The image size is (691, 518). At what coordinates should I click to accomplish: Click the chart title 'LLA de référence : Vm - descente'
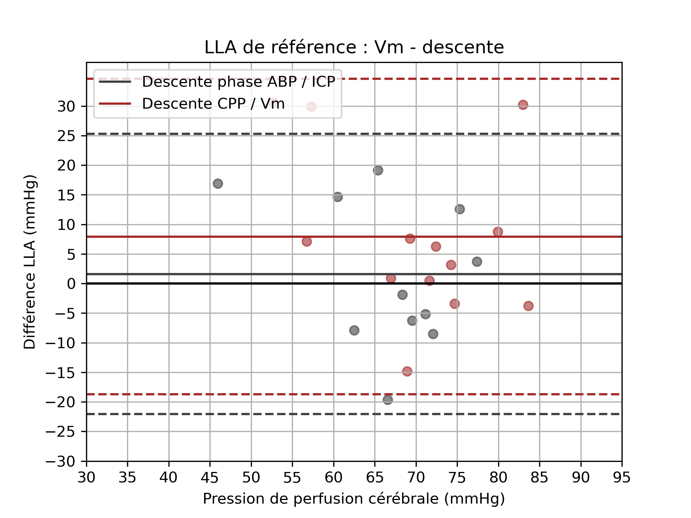(x=354, y=47)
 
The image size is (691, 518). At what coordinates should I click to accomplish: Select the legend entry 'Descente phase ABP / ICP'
(x=238, y=82)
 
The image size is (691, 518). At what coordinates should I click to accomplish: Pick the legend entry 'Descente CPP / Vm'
(x=213, y=104)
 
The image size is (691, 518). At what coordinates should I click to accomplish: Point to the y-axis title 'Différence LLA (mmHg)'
(x=30, y=262)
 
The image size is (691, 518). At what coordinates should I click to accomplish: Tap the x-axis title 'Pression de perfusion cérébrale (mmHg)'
(x=354, y=499)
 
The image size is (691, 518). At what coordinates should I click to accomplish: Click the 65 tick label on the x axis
(x=375, y=477)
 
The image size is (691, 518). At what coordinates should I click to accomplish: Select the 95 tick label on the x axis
(x=622, y=477)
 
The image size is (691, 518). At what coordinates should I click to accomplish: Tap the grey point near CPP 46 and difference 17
(x=218, y=184)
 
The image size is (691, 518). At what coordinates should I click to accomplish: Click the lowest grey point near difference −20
(x=388, y=400)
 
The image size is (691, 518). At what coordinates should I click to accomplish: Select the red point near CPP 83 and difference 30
(x=523, y=105)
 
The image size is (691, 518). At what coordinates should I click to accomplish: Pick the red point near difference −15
(x=407, y=371)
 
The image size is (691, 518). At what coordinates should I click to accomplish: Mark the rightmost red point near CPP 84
(x=528, y=306)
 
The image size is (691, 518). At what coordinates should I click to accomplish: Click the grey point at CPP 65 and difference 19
(x=378, y=171)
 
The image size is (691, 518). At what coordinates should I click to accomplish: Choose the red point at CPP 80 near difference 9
(x=498, y=232)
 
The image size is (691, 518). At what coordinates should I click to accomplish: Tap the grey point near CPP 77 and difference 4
(x=477, y=262)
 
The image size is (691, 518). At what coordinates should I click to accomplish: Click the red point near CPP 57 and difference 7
(x=307, y=241)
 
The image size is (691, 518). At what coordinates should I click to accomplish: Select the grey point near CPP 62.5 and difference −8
(x=354, y=330)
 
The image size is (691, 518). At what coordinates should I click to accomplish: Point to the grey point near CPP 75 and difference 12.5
(x=460, y=209)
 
